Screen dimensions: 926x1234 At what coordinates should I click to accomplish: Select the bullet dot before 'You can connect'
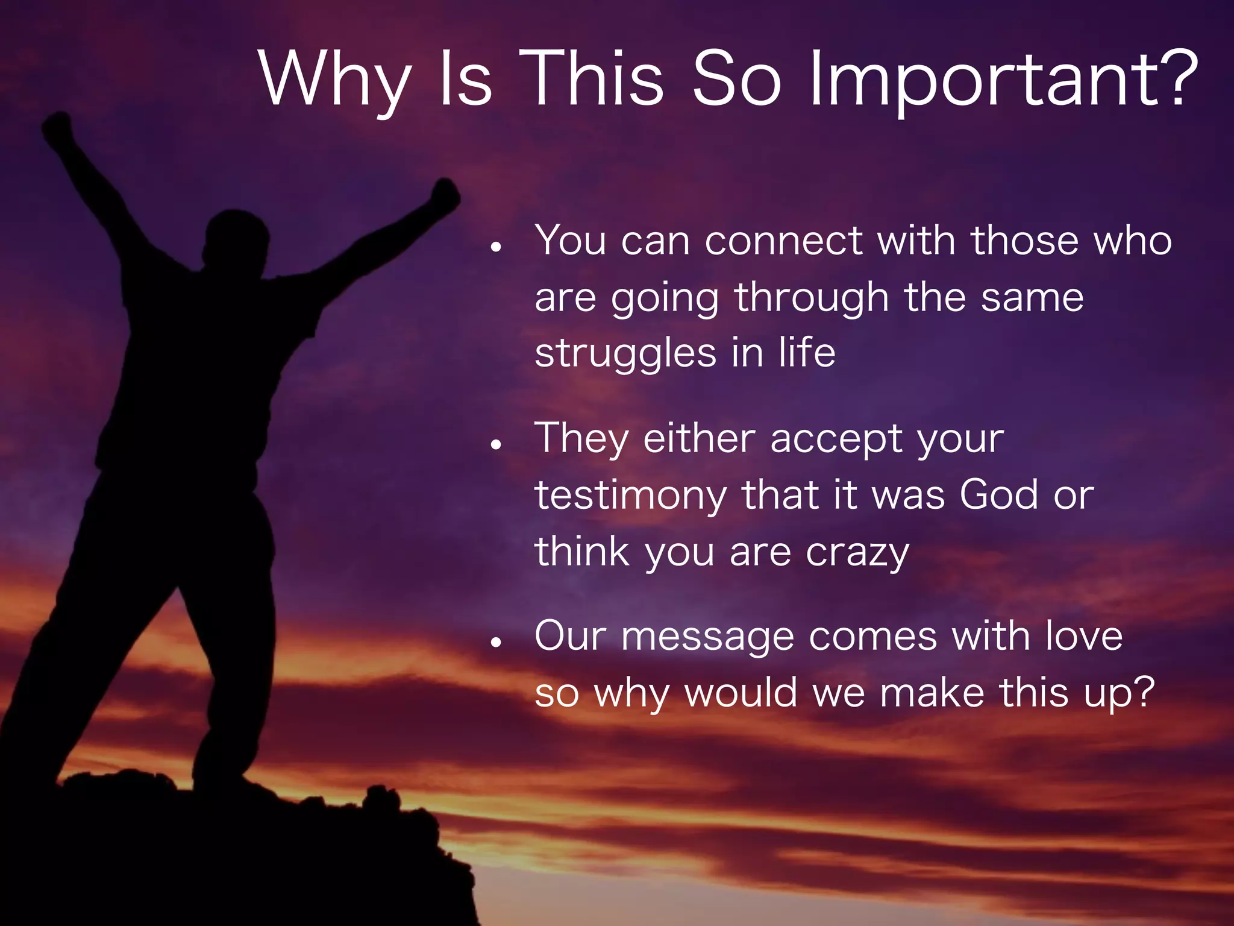pos(496,247)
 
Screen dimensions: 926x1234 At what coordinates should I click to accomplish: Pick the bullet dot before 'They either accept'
pos(496,445)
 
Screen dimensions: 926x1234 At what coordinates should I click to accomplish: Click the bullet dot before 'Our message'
pos(496,643)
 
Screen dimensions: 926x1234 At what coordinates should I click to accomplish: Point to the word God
pos(998,495)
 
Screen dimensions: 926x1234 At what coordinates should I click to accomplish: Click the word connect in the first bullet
pos(783,241)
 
